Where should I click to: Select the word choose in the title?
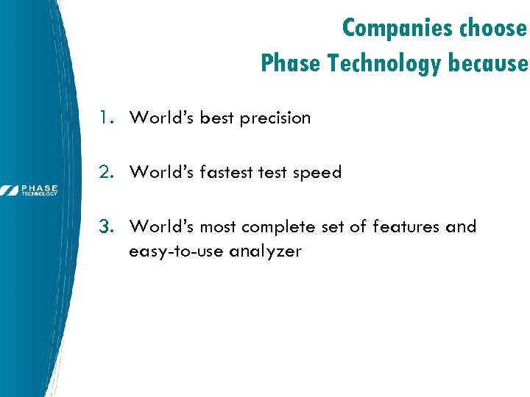pos(493,28)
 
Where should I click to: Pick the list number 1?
pos(107,118)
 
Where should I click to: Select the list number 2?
pos(107,172)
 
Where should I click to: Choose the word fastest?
pos(226,172)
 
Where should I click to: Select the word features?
pos(407,226)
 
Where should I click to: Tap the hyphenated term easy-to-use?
pos(177,251)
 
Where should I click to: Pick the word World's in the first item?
pos(161,118)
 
